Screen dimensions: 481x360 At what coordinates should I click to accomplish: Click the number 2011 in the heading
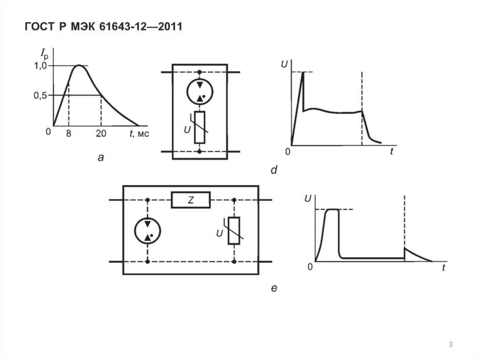[170, 26]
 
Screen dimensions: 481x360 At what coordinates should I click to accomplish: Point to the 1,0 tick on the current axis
[40, 66]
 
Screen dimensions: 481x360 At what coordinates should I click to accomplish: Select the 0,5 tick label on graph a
[40, 96]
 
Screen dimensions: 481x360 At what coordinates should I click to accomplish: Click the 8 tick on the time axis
[69, 133]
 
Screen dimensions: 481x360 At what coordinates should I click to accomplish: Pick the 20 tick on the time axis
[101, 133]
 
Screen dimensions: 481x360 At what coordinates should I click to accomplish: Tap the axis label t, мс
[139, 133]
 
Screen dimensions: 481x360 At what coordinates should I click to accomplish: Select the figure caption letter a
[101, 158]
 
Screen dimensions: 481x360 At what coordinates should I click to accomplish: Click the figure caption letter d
[274, 169]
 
